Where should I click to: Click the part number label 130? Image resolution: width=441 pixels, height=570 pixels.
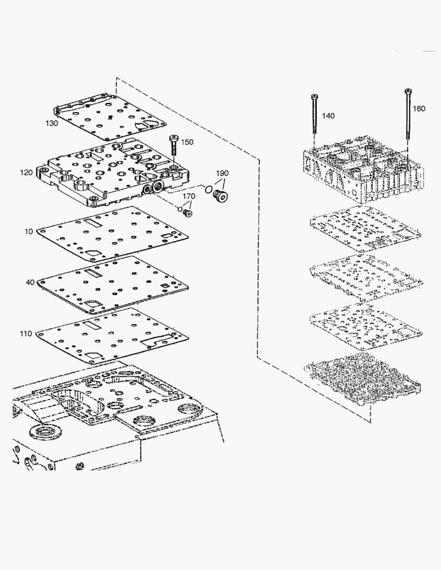pyautogui.click(x=51, y=123)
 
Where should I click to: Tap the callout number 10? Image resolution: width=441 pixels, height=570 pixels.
pyautogui.click(x=28, y=231)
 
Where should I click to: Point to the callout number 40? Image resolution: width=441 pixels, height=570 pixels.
pyautogui.click(x=30, y=282)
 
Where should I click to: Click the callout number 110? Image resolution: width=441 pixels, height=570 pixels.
pyautogui.click(x=25, y=333)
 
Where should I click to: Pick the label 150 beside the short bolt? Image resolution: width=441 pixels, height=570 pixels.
pyautogui.click(x=187, y=142)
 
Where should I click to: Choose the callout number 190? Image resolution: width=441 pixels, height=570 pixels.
pyautogui.click(x=222, y=174)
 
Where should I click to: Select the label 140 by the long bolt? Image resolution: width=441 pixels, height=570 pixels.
pyautogui.click(x=328, y=116)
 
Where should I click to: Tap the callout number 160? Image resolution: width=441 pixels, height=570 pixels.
pyautogui.click(x=418, y=109)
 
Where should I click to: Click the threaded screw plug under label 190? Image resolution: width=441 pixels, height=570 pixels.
pyautogui.click(x=218, y=197)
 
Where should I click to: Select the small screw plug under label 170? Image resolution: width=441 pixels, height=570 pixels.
pyautogui.click(x=187, y=213)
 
